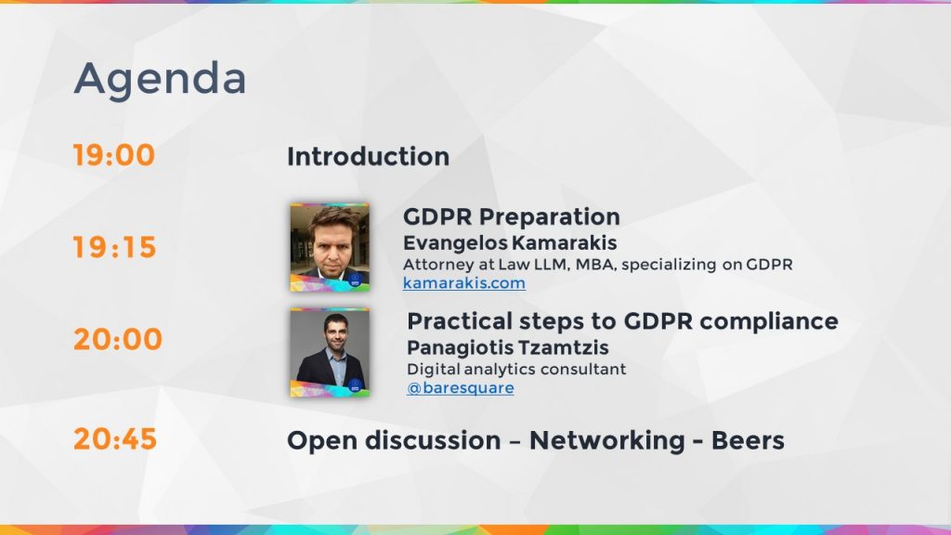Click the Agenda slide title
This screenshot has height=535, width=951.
pos(160,79)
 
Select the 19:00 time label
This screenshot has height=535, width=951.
pos(114,155)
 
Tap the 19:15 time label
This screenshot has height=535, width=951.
pos(115,248)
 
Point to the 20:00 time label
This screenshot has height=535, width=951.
pos(118,339)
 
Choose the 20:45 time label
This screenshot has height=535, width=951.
pos(115,438)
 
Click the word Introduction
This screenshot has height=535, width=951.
pos(368,156)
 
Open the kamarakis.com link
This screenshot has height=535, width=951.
pos(463,283)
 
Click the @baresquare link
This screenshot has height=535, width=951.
pos(461,388)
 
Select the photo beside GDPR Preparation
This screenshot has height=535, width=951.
pos(329,246)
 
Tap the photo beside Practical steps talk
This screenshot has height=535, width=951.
pos(329,352)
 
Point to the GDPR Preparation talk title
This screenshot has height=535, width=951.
pos(511,217)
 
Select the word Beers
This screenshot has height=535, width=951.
pos(748,440)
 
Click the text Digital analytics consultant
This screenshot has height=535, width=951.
pos(516,369)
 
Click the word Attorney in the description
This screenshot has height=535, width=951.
pos(435,265)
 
